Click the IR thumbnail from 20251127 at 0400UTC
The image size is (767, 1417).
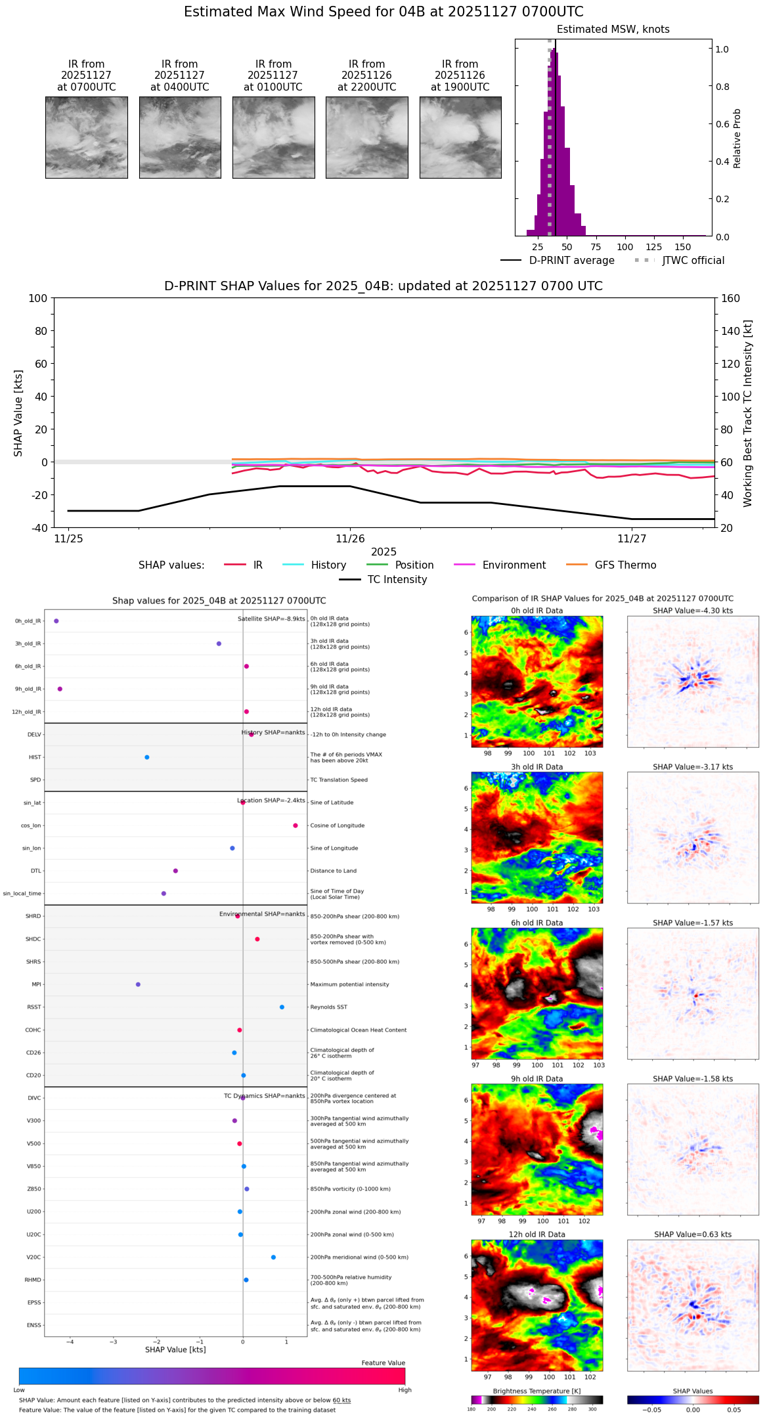point(180,137)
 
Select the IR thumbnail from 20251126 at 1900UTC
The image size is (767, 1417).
point(460,137)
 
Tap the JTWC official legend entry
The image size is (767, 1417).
point(693,261)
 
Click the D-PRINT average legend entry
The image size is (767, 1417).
point(571,261)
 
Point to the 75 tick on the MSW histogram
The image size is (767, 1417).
point(596,247)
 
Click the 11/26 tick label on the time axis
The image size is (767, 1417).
point(350,539)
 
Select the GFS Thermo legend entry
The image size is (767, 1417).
point(625,565)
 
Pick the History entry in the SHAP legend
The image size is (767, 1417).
point(328,565)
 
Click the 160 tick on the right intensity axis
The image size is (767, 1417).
point(730,299)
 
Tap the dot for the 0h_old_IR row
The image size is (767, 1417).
point(56,621)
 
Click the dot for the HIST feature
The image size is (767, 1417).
point(147,758)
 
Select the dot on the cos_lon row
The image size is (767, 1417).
point(296,826)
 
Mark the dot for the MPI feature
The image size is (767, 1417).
point(138,985)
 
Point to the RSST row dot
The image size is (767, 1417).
point(282,1007)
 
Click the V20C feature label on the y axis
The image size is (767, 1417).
point(33,1257)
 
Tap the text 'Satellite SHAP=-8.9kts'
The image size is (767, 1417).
point(271,619)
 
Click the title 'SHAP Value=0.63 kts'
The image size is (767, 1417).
point(693,1234)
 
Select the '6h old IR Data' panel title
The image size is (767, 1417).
point(537,923)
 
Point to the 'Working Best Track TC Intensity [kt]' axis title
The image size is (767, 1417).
point(748,414)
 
